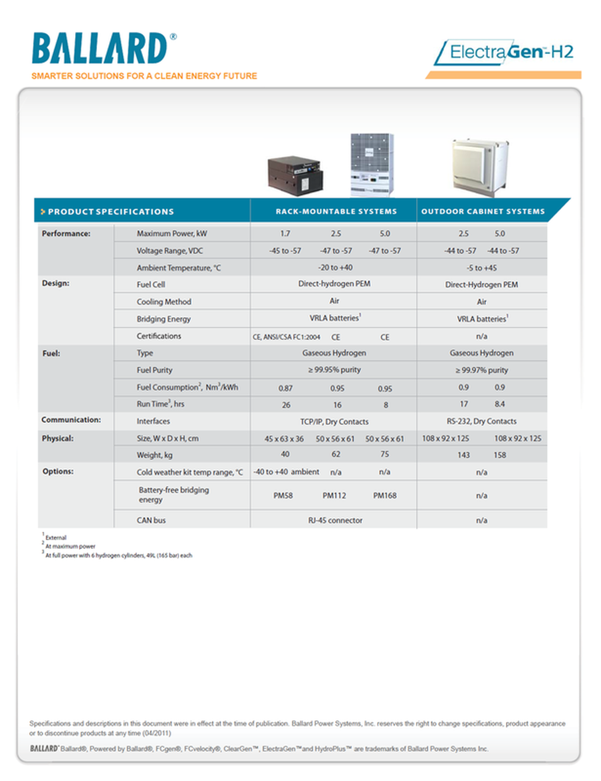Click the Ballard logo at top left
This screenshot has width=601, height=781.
pyautogui.click(x=100, y=49)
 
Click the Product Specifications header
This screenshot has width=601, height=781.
pyautogui.click(x=110, y=211)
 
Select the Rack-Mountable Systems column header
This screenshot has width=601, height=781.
pyautogui.click(x=336, y=211)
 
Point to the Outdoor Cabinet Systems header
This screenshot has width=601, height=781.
pyautogui.click(x=483, y=211)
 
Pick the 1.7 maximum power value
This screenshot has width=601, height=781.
pyautogui.click(x=285, y=234)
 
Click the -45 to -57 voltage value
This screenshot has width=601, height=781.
pyautogui.click(x=285, y=251)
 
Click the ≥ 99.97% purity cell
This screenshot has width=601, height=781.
pyautogui.click(x=481, y=370)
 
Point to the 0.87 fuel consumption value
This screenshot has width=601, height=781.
pyautogui.click(x=285, y=388)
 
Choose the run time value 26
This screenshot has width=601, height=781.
pyautogui.click(x=285, y=404)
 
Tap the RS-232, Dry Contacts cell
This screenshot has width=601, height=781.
pyautogui.click(x=481, y=421)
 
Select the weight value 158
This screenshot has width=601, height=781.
pyautogui.click(x=500, y=455)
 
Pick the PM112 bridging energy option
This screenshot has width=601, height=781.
pyautogui.click(x=336, y=495)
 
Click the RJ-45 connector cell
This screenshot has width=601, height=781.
pyautogui.click(x=335, y=520)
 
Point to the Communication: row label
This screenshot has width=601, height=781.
pyautogui.click(x=71, y=420)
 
